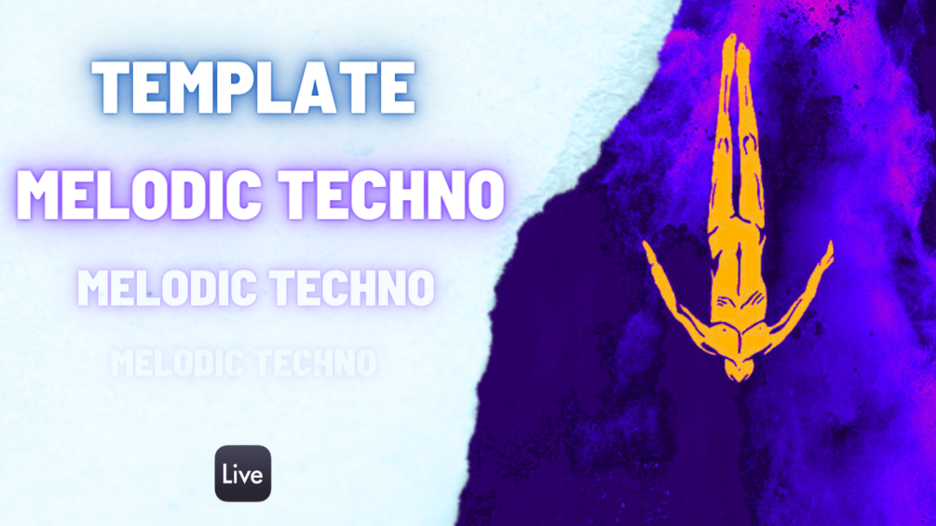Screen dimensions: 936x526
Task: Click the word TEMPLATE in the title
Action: [253, 88]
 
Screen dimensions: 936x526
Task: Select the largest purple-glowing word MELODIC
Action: [139, 195]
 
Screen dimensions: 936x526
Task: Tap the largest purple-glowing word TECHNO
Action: [393, 195]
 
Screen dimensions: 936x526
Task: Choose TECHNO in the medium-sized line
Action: [352, 288]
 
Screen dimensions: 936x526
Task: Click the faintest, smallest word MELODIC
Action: [178, 362]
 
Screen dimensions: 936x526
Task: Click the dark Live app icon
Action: [243, 474]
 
